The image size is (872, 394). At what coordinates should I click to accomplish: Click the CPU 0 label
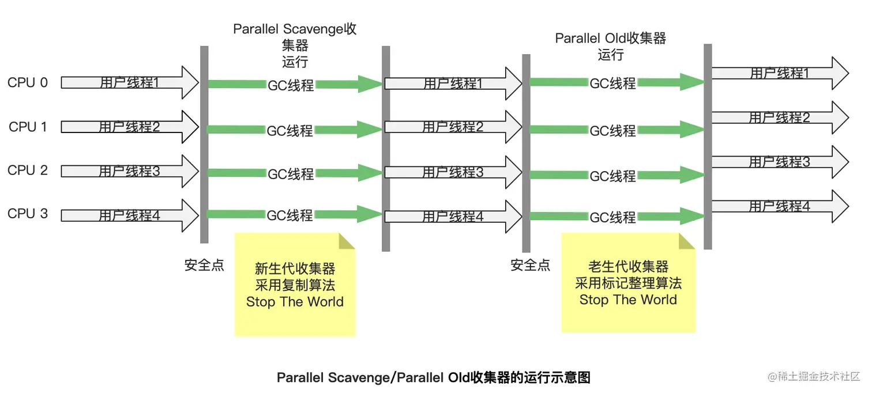click(28, 83)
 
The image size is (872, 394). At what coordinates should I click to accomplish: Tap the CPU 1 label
click(28, 127)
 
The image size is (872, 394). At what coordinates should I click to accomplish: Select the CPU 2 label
click(28, 171)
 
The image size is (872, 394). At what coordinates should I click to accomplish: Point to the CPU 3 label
click(28, 214)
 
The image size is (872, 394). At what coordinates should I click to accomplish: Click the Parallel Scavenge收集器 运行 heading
click(295, 45)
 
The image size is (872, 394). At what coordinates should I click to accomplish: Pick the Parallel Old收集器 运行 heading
click(611, 46)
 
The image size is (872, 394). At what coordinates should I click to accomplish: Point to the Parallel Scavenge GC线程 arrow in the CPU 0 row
click(291, 85)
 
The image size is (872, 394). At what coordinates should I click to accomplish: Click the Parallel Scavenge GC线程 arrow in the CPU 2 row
click(291, 173)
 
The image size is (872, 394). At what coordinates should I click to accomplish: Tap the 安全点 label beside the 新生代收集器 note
click(204, 266)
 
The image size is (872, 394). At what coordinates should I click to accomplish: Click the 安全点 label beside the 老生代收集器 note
click(531, 265)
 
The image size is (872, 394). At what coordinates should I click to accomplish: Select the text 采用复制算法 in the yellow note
click(295, 285)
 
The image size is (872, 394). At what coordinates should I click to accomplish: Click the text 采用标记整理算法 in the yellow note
click(628, 283)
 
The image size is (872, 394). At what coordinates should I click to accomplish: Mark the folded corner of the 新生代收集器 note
click(347, 241)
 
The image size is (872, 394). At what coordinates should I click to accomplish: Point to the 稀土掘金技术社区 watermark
click(814, 377)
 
